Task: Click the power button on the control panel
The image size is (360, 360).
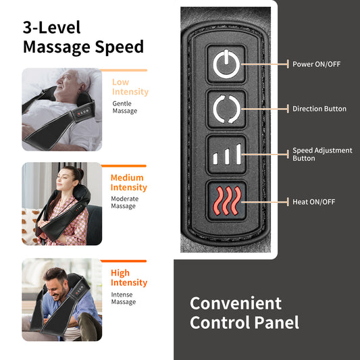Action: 224,65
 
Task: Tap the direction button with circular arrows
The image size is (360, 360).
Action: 224,109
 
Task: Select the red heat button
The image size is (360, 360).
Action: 224,201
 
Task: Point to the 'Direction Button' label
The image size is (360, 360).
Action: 319,109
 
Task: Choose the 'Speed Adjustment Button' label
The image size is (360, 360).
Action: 322,155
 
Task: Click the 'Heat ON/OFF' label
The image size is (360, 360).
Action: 313,201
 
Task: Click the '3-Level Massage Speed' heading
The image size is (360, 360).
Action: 83,37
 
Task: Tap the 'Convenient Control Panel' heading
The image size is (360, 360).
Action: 244,312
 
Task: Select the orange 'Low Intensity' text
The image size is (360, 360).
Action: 130,86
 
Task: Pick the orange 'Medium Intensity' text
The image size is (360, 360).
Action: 128,182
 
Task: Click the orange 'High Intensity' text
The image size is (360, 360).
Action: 128,278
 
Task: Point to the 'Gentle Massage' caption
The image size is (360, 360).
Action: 124,107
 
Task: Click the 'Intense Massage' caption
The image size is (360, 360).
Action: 124,298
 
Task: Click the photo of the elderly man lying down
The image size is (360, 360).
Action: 61,109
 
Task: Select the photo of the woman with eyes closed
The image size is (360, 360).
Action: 61,204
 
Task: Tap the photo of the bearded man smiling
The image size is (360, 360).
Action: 61,299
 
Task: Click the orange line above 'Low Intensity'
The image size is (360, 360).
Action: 128,70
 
